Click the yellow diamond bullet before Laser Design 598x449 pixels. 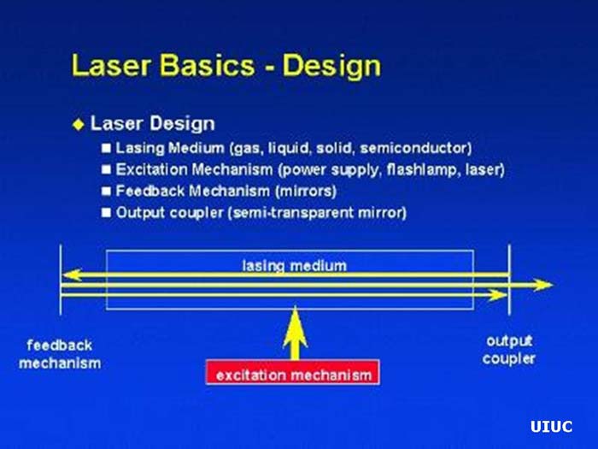coord(79,124)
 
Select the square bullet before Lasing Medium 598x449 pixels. coord(107,148)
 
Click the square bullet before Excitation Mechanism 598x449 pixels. coord(107,169)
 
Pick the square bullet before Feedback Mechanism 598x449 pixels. coord(107,191)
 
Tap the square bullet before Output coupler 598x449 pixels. coord(107,212)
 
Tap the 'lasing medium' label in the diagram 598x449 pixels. coord(294,266)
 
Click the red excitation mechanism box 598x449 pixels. coord(292,375)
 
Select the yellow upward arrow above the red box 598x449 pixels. coord(295,334)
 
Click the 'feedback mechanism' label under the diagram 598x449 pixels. coord(60,354)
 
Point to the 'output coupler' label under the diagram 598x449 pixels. coord(509,350)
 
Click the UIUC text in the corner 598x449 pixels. coord(551,427)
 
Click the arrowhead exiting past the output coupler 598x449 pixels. coord(542,285)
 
